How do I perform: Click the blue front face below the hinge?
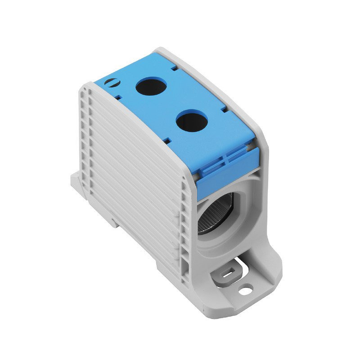(225, 173)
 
